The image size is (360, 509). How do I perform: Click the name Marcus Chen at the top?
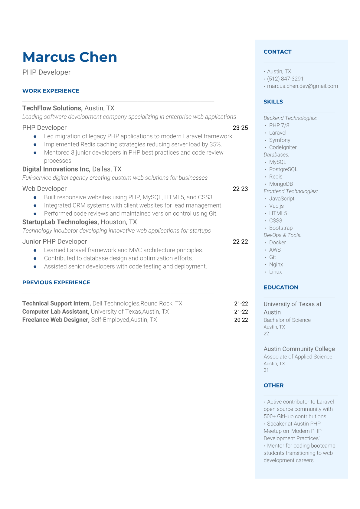coord(70,57)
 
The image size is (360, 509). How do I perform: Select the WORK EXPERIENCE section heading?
coord(51,91)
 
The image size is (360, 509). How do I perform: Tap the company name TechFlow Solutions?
coord(52,108)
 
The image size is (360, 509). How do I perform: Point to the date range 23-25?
coord(240,128)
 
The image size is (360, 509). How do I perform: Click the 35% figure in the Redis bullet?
coord(215,145)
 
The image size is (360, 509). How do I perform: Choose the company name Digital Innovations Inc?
coord(56,169)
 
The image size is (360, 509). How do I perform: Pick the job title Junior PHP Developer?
coord(54,242)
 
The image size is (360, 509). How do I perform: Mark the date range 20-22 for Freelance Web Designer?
coord(241,320)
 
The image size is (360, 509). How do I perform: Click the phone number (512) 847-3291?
coord(285,79)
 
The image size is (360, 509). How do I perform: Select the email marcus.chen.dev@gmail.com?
coord(302,86)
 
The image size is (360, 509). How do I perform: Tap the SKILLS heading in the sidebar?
coord(273,102)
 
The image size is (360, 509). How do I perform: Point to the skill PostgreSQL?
coord(283,169)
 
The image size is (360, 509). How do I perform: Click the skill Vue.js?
coord(276,206)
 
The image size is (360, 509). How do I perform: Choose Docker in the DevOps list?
coord(277,243)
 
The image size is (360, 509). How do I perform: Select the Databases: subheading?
coord(276,155)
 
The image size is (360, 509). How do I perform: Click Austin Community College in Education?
coord(299,349)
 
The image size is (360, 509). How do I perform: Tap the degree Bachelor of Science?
coord(287,320)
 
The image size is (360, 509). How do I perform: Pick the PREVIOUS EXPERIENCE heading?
coord(56,282)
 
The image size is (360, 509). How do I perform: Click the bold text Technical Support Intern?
coord(57,304)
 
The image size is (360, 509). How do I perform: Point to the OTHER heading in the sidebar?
coord(273,386)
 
